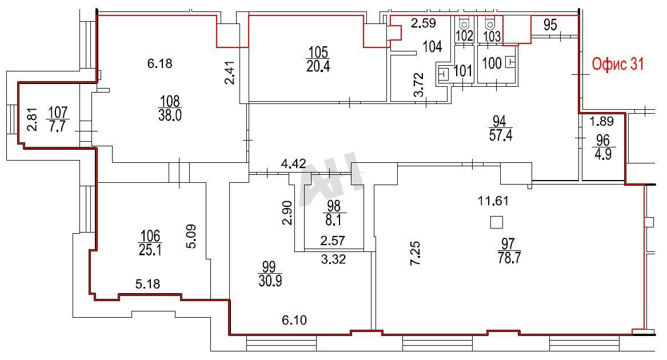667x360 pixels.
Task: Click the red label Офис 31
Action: click(618, 64)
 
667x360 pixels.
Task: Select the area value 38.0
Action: click(170, 115)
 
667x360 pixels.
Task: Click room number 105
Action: click(318, 53)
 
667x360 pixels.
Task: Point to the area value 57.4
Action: click(501, 135)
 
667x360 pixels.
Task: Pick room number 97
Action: click(508, 244)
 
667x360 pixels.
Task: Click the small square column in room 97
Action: click(497, 222)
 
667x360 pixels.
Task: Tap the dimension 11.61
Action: click(493, 201)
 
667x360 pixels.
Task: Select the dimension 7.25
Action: click(415, 253)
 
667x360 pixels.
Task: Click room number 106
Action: click(150, 235)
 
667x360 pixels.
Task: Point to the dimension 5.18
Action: click(147, 284)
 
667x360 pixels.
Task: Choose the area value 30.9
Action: click(270, 281)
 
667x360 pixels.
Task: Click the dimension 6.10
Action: click(294, 319)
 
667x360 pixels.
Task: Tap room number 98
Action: click(334, 206)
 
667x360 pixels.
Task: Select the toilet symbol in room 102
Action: click(464, 23)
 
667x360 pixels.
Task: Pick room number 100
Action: click(492, 63)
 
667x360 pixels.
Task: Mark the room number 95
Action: click(550, 25)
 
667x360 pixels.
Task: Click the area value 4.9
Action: click(603, 154)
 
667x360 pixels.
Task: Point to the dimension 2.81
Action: click(32, 119)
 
